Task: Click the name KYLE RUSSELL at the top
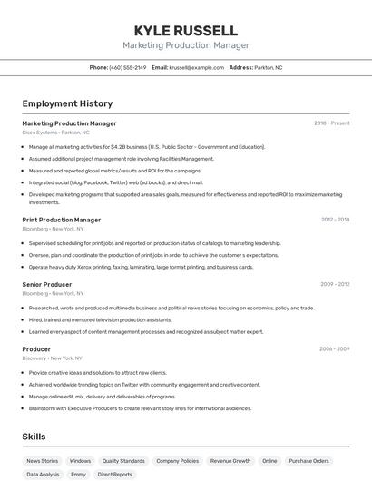pyautogui.click(x=185, y=31)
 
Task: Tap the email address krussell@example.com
pyautogui.click(x=197, y=67)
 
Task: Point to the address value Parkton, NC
pyautogui.click(x=269, y=67)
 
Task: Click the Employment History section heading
pyautogui.click(x=67, y=104)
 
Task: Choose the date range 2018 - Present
pyautogui.click(x=332, y=123)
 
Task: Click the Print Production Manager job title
pyautogui.click(x=62, y=220)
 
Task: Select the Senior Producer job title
pyautogui.click(x=47, y=285)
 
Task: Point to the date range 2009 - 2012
pyautogui.click(x=335, y=285)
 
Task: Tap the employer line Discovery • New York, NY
pyautogui.click(x=53, y=358)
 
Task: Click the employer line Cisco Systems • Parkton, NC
pyautogui.click(x=56, y=133)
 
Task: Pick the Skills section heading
pyautogui.click(x=34, y=437)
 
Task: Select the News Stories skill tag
pyautogui.click(x=43, y=461)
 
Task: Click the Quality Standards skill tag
pyautogui.click(x=123, y=461)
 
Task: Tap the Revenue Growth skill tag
pyautogui.click(x=230, y=461)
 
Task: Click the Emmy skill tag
pyautogui.click(x=79, y=475)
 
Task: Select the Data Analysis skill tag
pyautogui.click(x=43, y=475)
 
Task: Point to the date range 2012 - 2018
pyautogui.click(x=335, y=220)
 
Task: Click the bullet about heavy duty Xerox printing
pyautogui.click(x=141, y=268)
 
